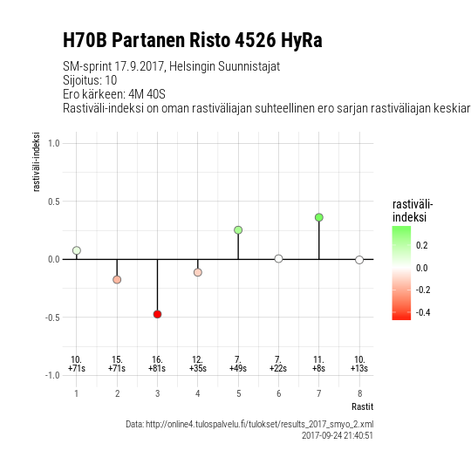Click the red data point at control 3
(157, 314)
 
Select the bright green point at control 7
(319, 217)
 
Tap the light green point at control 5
(238, 230)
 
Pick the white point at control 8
(359, 260)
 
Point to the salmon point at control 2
(117, 280)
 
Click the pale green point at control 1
(77, 250)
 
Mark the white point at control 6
(279, 259)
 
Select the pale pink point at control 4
(198, 272)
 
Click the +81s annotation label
(157, 368)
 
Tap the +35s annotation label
(198, 368)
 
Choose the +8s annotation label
(318, 368)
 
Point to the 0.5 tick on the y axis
(54, 201)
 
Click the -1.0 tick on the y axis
(52, 375)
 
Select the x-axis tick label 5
(238, 393)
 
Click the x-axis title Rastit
(363, 406)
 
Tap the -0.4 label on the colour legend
(423, 312)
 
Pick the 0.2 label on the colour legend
(422, 245)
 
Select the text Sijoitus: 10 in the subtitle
(90, 80)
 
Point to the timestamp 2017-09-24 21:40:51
(338, 435)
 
